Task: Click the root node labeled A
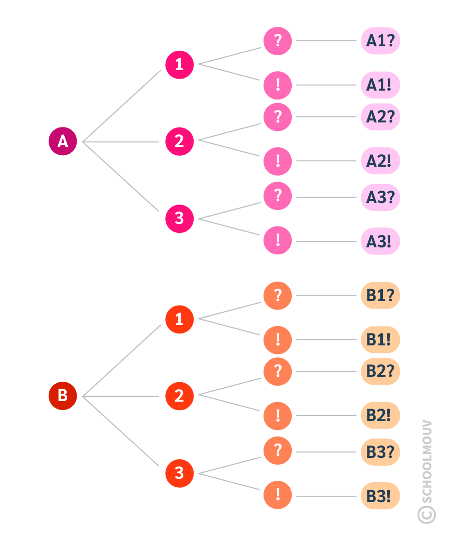tap(63, 141)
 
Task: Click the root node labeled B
tap(63, 396)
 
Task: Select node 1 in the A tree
tap(179, 65)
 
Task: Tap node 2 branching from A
tap(179, 141)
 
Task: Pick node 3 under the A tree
tap(179, 218)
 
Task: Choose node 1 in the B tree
tap(179, 319)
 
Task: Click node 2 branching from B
tap(179, 396)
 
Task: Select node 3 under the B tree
tap(179, 473)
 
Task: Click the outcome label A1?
tap(380, 41)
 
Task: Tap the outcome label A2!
tap(380, 161)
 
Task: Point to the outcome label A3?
tap(380, 198)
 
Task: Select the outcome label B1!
tap(380, 340)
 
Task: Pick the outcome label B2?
tap(380, 371)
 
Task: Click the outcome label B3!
tap(380, 496)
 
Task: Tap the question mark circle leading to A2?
tap(278, 117)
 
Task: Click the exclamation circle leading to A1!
tap(278, 85)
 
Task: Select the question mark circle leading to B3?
tap(278, 451)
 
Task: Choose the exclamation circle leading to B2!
tap(278, 416)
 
